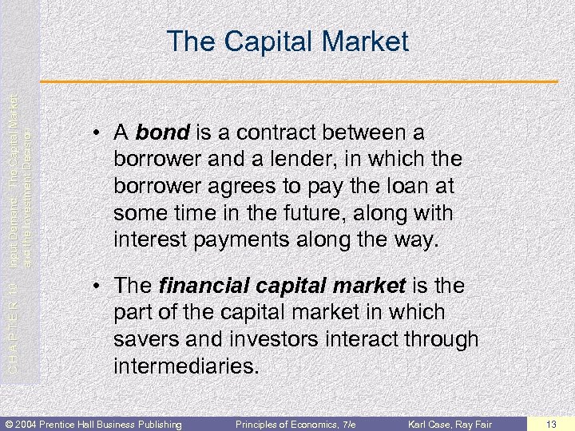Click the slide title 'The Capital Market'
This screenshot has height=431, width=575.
287,42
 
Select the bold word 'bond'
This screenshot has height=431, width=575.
161,131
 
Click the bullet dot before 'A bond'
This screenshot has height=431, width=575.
97,132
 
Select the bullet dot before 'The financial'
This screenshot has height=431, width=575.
97,286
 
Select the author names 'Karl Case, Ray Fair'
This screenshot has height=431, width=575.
450,423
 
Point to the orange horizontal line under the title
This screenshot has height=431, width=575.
303,83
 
